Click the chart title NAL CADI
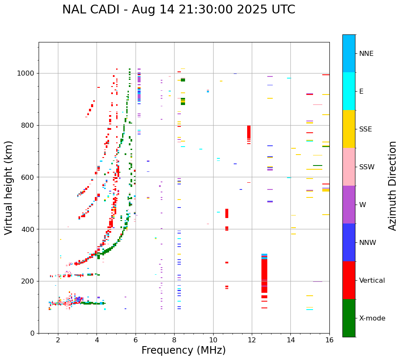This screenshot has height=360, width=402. click(x=178, y=10)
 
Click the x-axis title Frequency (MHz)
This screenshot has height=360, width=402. click(x=183, y=350)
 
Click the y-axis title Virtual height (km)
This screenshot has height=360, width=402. click(x=9, y=187)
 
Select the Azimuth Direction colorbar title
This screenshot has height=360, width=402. click(x=392, y=185)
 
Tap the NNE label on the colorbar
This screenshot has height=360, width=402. click(x=366, y=54)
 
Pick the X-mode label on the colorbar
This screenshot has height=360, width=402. click(x=372, y=318)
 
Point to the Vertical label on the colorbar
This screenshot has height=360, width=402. click(x=372, y=281)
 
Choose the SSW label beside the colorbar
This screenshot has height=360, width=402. click(x=367, y=167)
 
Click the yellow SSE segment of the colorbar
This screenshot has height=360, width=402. click(x=349, y=129)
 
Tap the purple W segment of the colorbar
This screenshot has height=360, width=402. click(x=349, y=205)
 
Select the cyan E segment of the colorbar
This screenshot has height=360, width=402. click(x=349, y=91)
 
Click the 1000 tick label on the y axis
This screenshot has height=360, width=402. click(x=26, y=74)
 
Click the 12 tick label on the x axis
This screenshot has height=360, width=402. click(x=252, y=340)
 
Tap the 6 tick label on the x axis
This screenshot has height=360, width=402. click(x=136, y=340)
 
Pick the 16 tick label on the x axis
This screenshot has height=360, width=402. click(x=329, y=340)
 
